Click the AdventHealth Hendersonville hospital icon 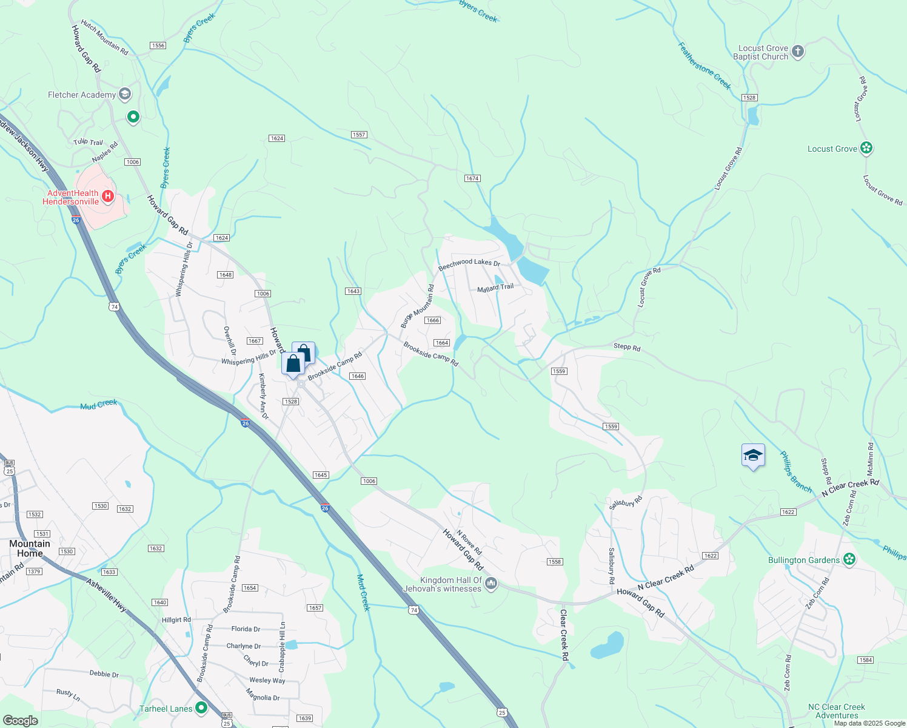[x=108, y=195]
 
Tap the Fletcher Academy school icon [x=125, y=94]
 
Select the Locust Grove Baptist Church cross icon [x=798, y=52]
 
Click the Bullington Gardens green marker [x=849, y=559]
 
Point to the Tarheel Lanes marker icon [x=201, y=707]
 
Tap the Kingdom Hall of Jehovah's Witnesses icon [x=491, y=584]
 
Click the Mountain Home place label [x=29, y=548]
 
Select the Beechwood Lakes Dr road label [x=469, y=264]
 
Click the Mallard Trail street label [x=495, y=288]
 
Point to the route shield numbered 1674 [x=472, y=178]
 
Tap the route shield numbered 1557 [x=359, y=135]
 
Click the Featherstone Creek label [x=705, y=66]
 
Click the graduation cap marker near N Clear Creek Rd [x=753, y=456]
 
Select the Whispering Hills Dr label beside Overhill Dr [x=248, y=358]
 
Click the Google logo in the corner [x=20, y=721]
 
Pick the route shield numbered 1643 [x=353, y=291]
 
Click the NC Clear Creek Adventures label [x=837, y=711]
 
